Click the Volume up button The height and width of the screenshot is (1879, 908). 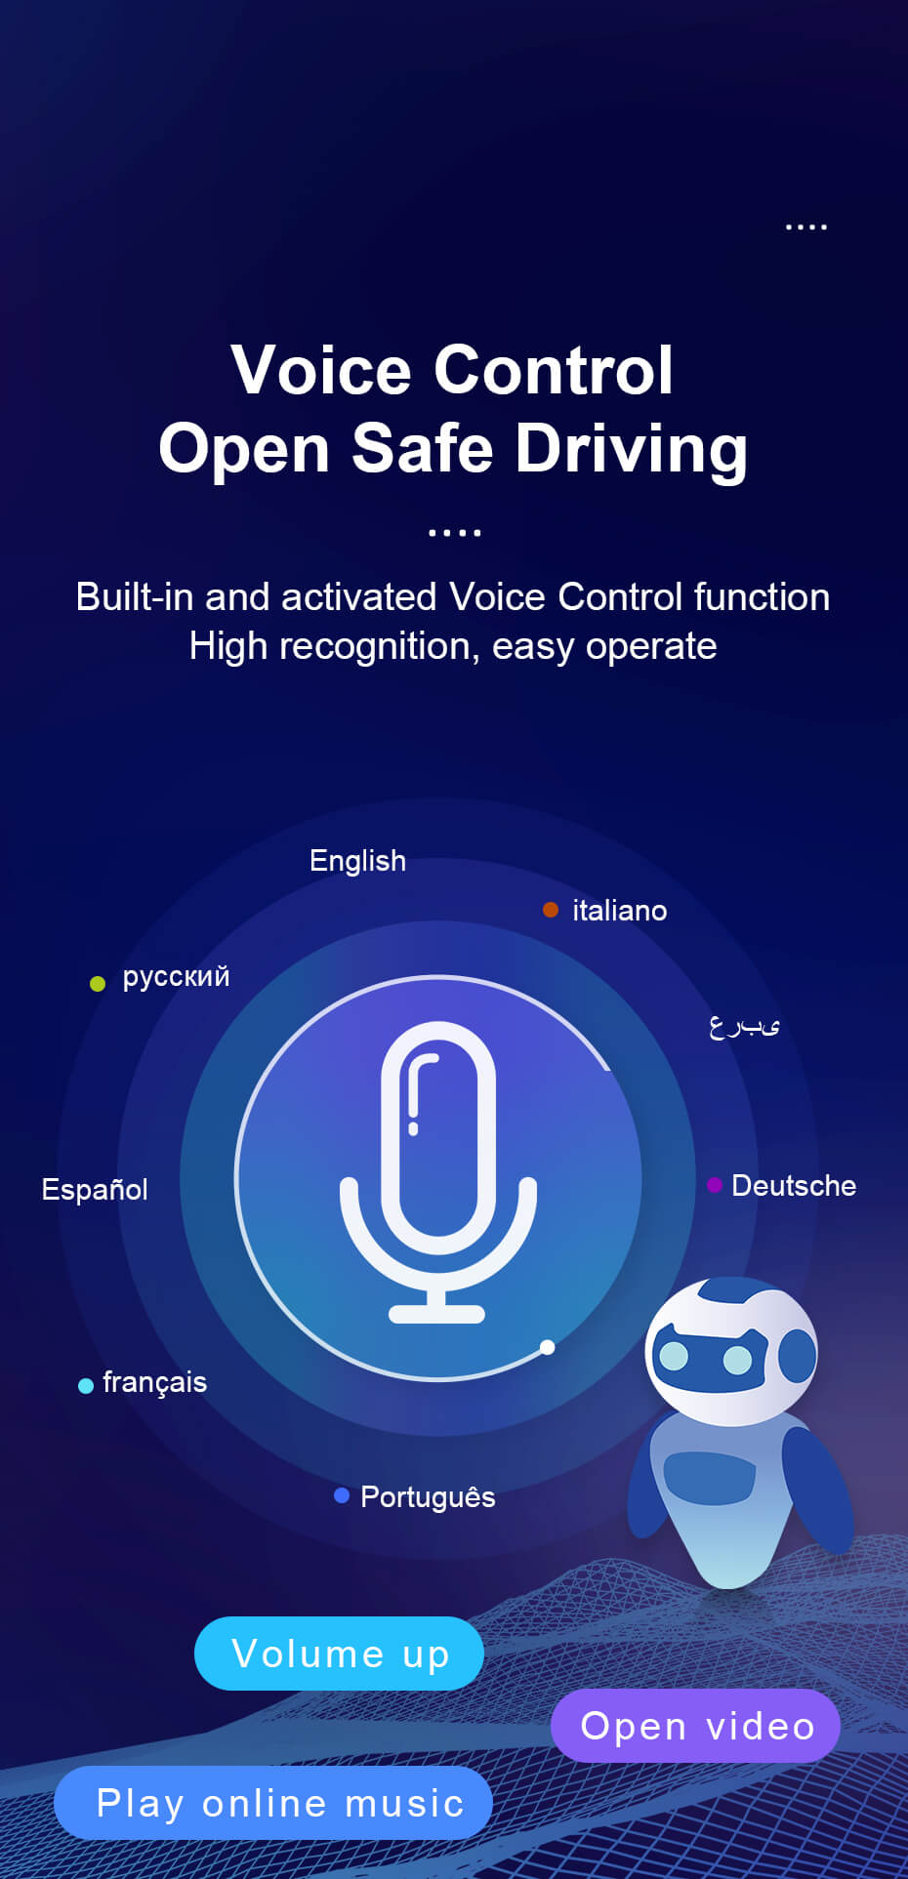339,1654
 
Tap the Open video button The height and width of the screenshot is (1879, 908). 696,1726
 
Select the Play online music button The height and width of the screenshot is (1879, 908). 273,1803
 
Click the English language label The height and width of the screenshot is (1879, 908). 357,861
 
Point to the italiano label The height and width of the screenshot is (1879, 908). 620,911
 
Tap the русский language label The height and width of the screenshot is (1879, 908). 176,976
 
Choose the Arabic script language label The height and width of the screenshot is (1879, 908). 744,1025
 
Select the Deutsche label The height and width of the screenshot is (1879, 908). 794,1186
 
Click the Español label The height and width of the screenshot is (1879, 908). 95,1190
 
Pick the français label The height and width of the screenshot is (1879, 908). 154,1383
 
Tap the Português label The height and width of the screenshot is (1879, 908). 428,1496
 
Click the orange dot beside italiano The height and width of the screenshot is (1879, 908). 551,910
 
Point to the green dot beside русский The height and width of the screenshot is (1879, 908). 98,983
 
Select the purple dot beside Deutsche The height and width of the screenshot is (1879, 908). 715,1185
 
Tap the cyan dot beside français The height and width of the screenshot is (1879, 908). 86,1385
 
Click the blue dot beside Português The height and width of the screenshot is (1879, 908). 342,1495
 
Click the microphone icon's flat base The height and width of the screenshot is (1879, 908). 436,1314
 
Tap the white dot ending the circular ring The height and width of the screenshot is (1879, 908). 547,1347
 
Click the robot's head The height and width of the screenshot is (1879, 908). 732,1351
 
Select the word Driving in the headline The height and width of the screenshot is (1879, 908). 631,451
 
